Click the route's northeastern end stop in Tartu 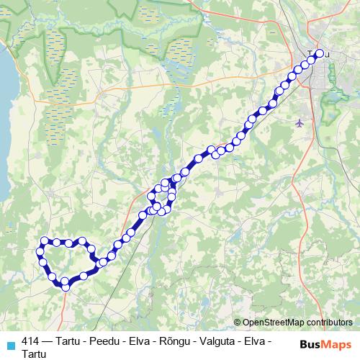[x=320, y=53]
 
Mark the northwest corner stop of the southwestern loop [x=45, y=240]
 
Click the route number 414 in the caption [x=31, y=341]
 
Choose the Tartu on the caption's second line [x=34, y=354]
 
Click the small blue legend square [x=10, y=344]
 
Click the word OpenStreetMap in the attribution [x=273, y=323]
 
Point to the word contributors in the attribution [x=328, y=323]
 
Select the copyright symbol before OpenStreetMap [x=237, y=323]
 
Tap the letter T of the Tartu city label [x=310, y=53]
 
